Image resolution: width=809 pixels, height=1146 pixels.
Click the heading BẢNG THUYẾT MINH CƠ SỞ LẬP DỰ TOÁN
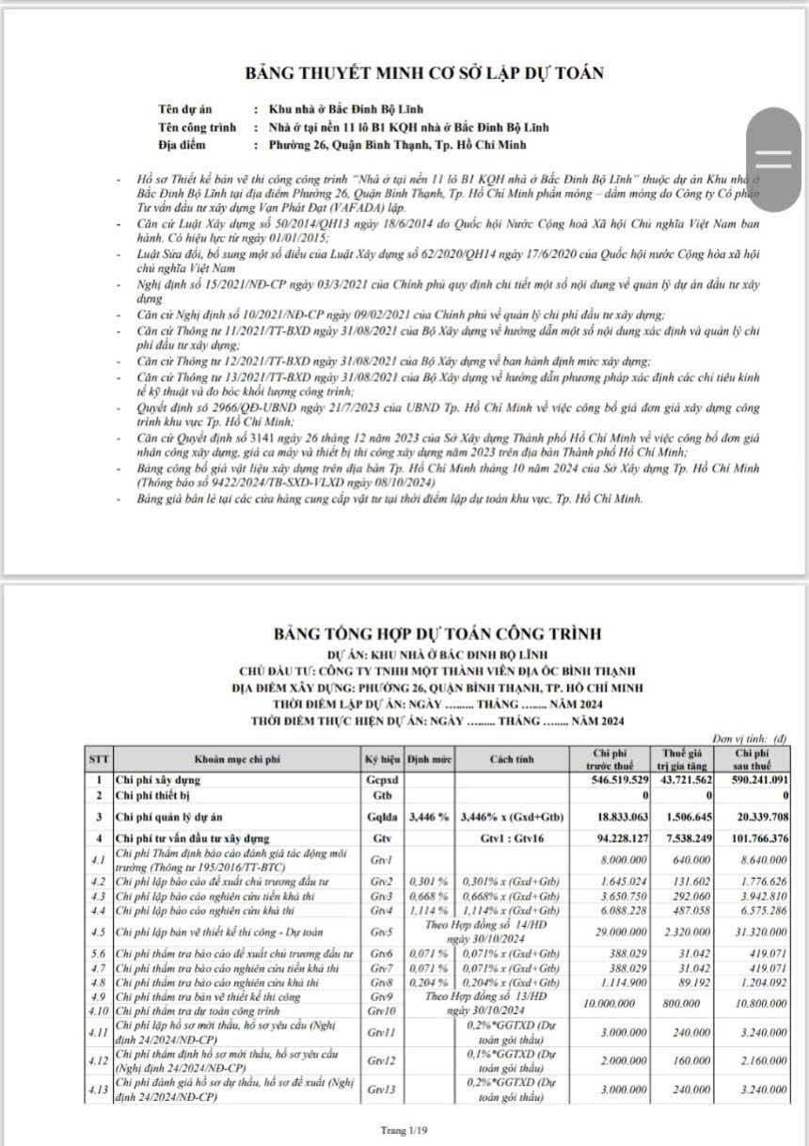(423, 72)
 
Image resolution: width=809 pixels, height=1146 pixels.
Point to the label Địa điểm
(184, 145)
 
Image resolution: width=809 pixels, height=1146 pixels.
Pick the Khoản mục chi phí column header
(235, 758)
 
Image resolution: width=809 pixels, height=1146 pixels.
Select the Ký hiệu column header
(382, 758)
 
